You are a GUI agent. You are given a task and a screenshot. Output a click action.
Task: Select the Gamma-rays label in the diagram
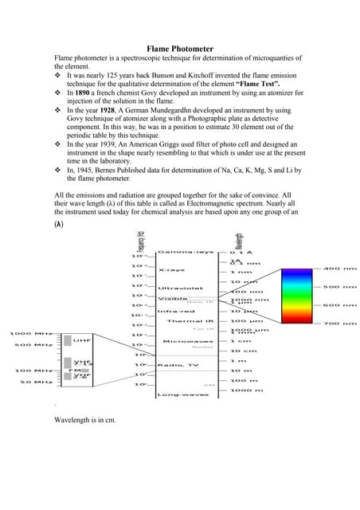click(x=185, y=252)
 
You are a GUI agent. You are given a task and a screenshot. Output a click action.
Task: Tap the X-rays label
click(x=172, y=270)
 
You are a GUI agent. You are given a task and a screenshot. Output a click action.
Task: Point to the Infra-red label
click(x=177, y=312)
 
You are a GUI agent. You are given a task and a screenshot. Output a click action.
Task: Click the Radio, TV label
click(x=177, y=365)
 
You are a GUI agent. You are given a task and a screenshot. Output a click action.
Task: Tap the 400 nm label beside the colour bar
click(x=338, y=269)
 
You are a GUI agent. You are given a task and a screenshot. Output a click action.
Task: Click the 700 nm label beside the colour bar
click(x=338, y=324)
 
